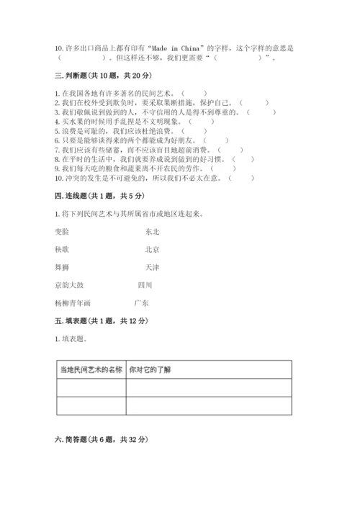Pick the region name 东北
152,232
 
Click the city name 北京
152,249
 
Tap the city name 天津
152,267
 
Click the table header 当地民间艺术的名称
91,369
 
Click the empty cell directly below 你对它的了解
209,387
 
